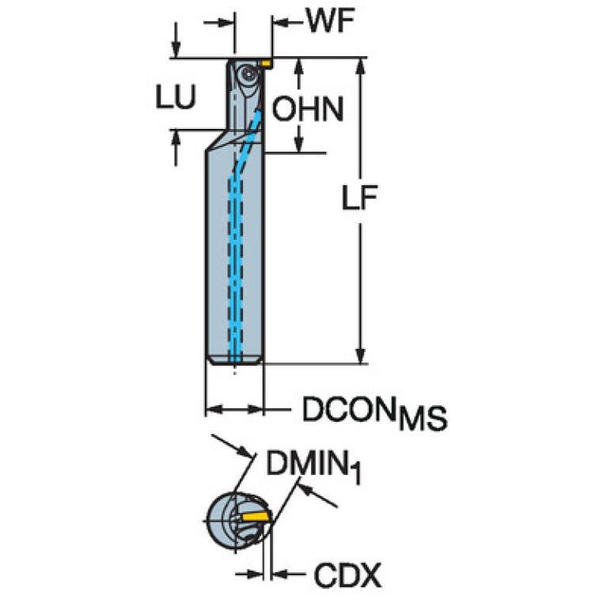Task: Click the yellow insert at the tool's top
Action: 267,61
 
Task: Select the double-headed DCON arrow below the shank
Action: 234,409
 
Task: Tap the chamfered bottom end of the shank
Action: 234,360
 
